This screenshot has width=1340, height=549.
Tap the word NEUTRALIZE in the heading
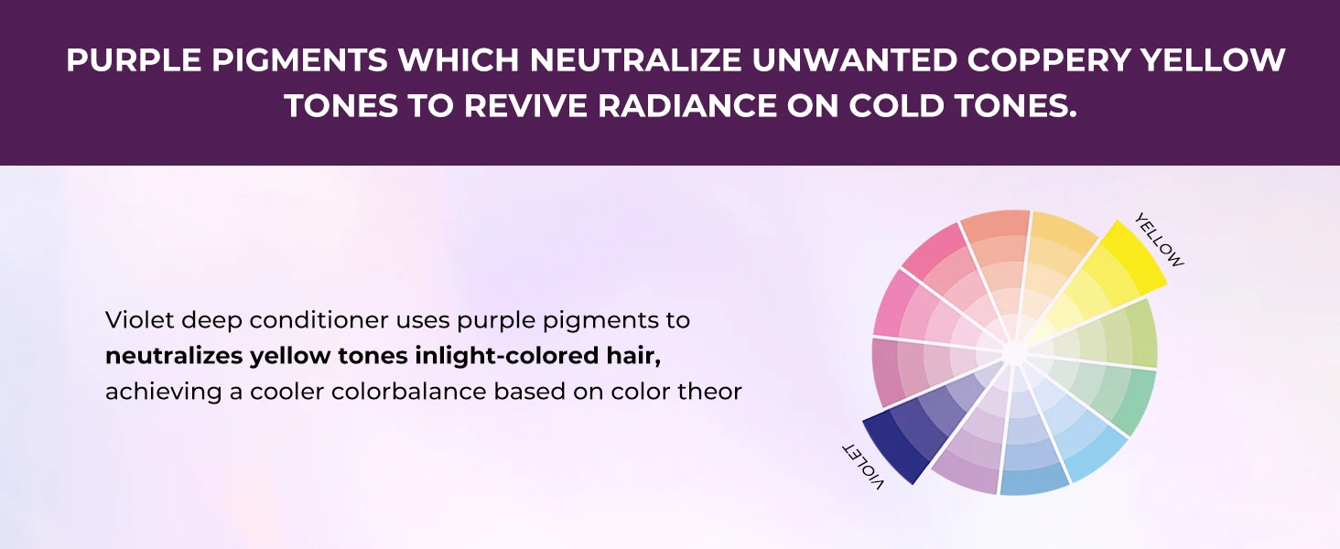point(635,59)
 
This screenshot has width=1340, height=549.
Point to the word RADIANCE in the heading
point(686,105)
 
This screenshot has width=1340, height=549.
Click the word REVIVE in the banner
point(525,105)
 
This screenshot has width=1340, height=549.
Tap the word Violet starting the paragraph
point(139,320)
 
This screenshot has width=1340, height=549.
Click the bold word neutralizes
point(174,356)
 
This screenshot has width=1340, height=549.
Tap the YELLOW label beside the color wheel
point(1159,240)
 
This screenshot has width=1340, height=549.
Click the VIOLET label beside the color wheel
point(862,467)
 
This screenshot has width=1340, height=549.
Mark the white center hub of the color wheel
point(1014,353)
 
